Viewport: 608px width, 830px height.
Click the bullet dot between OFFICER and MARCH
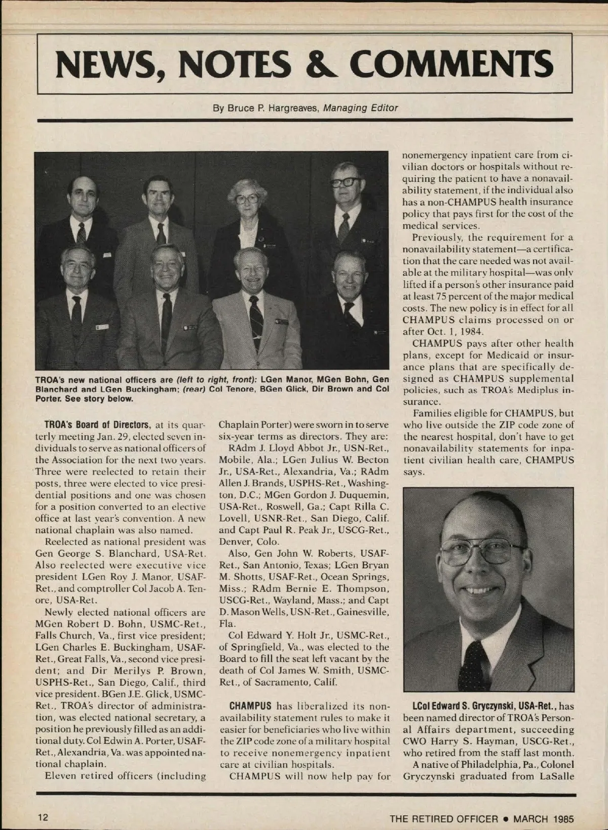506,818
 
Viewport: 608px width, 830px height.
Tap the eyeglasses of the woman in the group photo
247,199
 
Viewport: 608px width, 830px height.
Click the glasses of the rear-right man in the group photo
347,182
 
